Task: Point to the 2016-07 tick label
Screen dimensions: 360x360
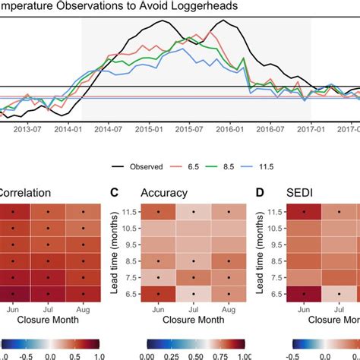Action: [264, 129]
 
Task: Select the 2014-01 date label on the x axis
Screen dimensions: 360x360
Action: [69, 129]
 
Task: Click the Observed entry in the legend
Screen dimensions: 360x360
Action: [140, 165]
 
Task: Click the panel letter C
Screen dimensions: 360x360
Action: [115, 194]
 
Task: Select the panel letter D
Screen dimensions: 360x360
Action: [261, 194]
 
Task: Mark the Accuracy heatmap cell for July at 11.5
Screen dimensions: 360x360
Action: [193, 212]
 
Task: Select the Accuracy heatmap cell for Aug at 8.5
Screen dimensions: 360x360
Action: [228, 261]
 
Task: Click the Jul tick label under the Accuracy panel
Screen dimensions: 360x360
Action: [193, 311]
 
